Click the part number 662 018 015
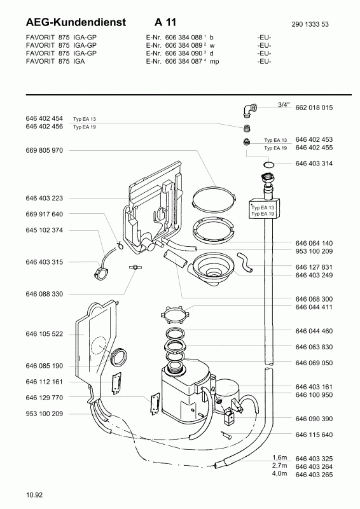click(x=314, y=108)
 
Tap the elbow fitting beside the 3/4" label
click(x=249, y=109)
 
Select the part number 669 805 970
click(x=44, y=150)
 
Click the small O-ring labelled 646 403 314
click(x=268, y=165)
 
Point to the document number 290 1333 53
click(x=310, y=24)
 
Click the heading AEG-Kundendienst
click(x=76, y=22)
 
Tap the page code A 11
click(x=165, y=22)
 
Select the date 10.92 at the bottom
click(x=34, y=495)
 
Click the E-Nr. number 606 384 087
click(x=184, y=61)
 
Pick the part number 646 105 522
click(x=44, y=334)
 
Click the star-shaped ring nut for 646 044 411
click(x=175, y=313)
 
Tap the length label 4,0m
click(x=279, y=473)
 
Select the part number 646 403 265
click(x=314, y=474)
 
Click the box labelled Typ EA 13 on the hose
click(x=265, y=209)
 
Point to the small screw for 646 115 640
click(x=226, y=435)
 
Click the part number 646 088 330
click(x=44, y=294)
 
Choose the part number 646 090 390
click(x=314, y=419)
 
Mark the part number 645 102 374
click(x=44, y=230)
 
